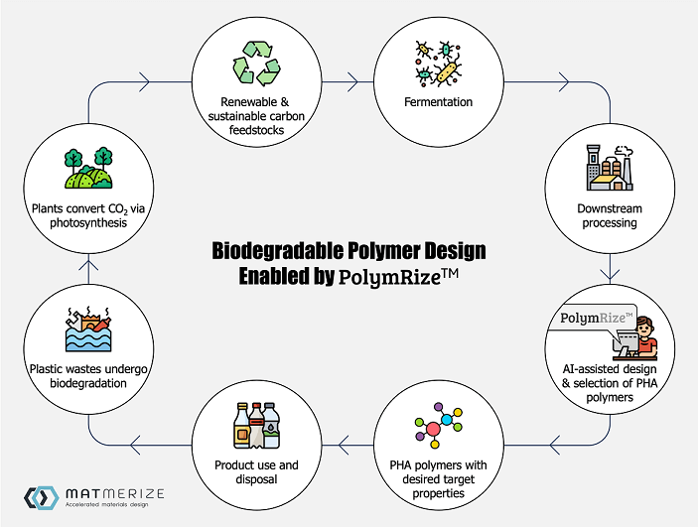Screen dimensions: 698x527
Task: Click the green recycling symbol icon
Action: coord(256,63)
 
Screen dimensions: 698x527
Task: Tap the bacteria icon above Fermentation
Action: coord(438,64)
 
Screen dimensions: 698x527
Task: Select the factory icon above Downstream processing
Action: coord(610,168)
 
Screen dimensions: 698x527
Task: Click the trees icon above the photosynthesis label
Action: coord(88,168)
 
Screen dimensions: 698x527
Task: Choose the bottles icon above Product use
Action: coord(257,426)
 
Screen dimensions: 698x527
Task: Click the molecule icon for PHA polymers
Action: coord(439,426)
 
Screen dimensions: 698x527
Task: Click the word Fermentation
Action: coord(438,102)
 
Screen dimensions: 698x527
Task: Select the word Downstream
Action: coord(610,208)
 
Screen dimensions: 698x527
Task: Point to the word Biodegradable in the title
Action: coord(277,250)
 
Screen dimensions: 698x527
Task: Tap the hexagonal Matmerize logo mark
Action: coord(42,497)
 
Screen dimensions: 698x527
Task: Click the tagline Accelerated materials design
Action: coord(107,505)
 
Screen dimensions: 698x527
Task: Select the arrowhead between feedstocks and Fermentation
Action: coord(353,82)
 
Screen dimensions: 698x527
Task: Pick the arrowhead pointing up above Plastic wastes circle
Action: coord(88,265)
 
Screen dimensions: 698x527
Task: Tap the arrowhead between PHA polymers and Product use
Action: coord(343,445)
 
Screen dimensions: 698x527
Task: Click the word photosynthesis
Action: coord(88,223)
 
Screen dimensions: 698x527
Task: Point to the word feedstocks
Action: coord(256,130)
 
